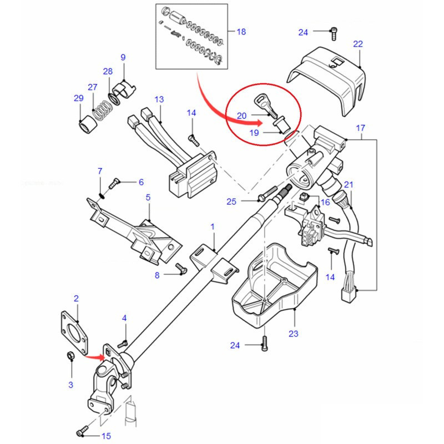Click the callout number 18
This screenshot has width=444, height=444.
[x=241, y=32]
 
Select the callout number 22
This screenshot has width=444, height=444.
[x=358, y=44]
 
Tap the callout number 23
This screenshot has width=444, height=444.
[x=294, y=334]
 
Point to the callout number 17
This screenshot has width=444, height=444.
[x=360, y=129]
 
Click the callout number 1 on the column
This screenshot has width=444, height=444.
[x=213, y=226]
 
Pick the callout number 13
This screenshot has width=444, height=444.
[x=159, y=99]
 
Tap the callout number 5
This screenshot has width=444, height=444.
[x=148, y=197]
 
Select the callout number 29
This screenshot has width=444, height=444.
[x=78, y=99]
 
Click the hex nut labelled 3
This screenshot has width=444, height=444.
[x=70, y=356]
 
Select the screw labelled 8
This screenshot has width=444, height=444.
[x=179, y=268]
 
